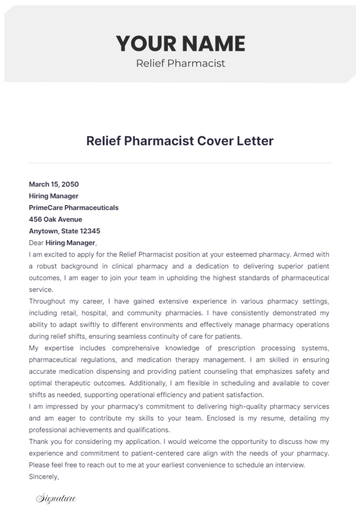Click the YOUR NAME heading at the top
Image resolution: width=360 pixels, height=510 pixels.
click(180, 43)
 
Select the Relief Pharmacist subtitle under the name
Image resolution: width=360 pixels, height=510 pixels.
click(180, 64)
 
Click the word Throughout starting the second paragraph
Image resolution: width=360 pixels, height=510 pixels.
click(49, 301)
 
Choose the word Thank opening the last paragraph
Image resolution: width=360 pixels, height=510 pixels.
click(40, 442)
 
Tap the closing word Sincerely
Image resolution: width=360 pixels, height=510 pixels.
click(45, 477)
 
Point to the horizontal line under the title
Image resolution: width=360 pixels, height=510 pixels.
click(180, 163)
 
